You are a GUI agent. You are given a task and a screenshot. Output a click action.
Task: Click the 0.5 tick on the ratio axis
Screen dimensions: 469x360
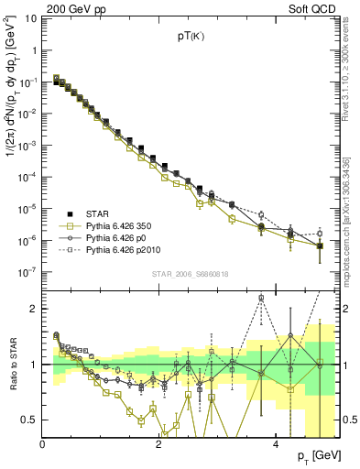click(30, 420)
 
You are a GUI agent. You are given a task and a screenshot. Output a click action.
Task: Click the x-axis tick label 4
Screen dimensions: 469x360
click(275, 444)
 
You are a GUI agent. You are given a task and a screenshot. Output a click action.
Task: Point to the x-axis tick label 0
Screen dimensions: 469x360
click(43, 444)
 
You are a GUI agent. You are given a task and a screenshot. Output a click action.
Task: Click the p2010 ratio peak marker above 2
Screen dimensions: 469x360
click(261, 298)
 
